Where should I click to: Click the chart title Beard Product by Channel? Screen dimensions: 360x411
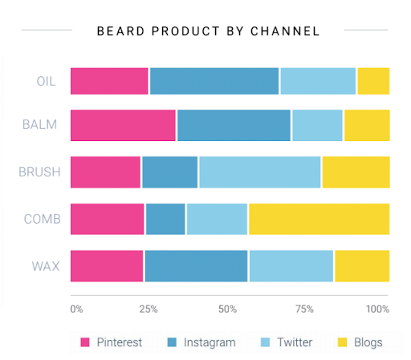208,31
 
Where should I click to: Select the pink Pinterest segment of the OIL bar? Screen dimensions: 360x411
109,81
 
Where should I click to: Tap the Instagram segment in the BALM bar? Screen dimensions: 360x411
234,126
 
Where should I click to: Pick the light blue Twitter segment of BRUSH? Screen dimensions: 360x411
259,172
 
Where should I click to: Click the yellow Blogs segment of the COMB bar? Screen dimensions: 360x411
319,219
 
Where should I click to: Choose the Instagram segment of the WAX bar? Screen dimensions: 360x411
196,266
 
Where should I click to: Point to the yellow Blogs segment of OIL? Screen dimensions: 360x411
373,81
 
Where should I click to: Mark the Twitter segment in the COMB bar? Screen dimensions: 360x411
217,219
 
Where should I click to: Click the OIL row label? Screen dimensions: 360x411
46,81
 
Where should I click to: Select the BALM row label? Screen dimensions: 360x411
39,126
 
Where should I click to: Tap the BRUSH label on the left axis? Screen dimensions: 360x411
37,172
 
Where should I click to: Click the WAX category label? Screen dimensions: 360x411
44,266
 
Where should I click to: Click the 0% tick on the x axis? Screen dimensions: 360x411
76,309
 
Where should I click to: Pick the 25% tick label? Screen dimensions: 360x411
148,309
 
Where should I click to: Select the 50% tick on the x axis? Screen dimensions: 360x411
228,309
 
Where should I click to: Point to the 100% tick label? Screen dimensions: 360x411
377,309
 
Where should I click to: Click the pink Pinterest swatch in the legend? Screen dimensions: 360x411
85,342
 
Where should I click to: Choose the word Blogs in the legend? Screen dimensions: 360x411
368,342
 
